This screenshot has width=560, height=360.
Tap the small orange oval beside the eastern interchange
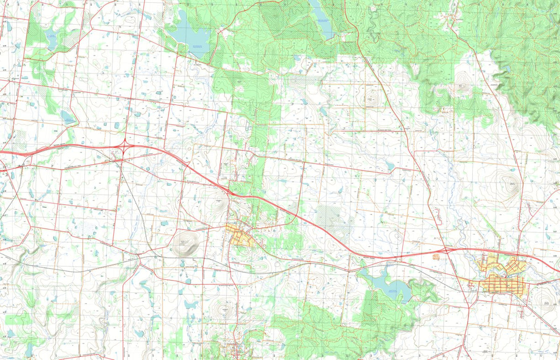pos(436,256)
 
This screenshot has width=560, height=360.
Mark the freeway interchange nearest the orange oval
pos(447,251)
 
